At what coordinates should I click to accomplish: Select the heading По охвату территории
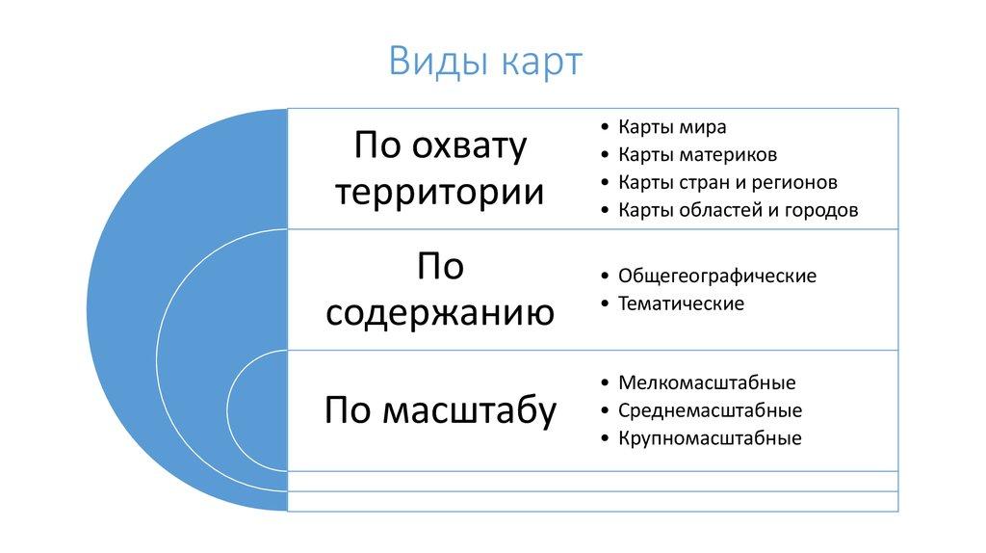click(440, 169)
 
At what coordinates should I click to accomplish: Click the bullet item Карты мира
click(672, 127)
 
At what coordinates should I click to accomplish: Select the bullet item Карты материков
click(697, 155)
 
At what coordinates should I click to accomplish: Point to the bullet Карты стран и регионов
click(727, 182)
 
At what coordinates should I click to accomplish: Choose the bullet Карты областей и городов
click(738, 210)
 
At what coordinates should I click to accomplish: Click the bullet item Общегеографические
click(716, 276)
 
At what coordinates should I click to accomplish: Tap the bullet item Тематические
click(681, 303)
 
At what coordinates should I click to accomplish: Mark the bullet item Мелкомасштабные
click(707, 383)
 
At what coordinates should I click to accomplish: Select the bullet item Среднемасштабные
click(710, 410)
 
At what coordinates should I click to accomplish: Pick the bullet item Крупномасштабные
click(710, 438)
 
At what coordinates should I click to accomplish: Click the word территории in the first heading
click(440, 193)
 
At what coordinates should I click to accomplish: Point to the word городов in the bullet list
click(819, 210)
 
